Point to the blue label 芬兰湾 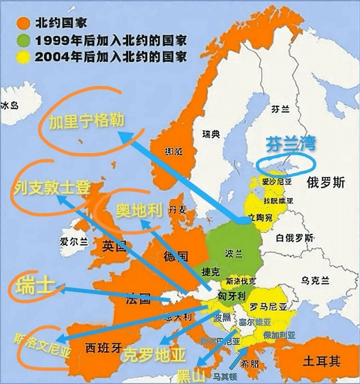(291, 145)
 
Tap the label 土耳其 (322, 362)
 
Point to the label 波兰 (234, 254)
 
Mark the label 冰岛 (10, 106)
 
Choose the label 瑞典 (211, 134)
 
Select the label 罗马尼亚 (268, 307)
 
